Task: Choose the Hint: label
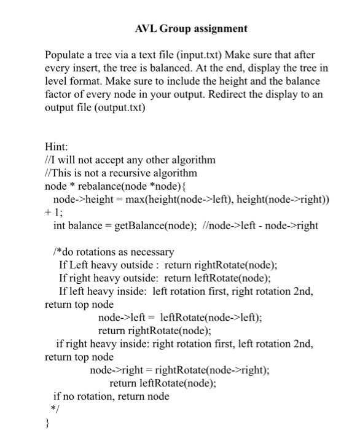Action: pyautogui.click(x=57, y=147)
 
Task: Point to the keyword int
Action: pyautogui.click(x=59, y=225)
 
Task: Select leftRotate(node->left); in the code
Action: pyautogui.click(x=210, y=318)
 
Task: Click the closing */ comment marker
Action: pyautogui.click(x=54, y=409)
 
